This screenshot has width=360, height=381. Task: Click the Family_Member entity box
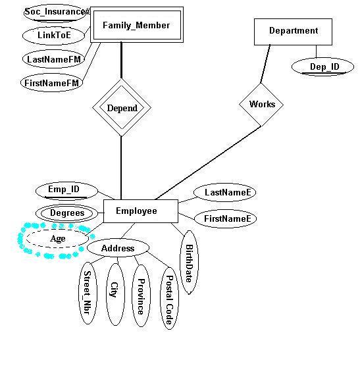(x=137, y=25)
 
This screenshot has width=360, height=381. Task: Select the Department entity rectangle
(x=293, y=32)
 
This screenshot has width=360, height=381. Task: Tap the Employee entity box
(x=141, y=211)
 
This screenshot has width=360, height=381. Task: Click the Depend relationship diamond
(x=122, y=108)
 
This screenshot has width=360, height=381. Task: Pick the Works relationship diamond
(x=261, y=105)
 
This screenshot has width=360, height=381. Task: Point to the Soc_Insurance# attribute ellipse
(x=55, y=13)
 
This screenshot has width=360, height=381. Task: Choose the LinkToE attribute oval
(x=54, y=36)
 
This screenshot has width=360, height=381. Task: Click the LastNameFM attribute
(x=54, y=59)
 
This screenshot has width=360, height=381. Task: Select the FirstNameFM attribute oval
(x=52, y=83)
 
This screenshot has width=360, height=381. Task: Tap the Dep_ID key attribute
(x=322, y=67)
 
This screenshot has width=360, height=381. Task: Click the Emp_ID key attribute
(x=66, y=191)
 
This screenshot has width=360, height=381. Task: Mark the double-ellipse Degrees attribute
(x=67, y=213)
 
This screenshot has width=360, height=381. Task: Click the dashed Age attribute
(x=57, y=238)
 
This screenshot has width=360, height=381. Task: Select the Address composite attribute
(x=118, y=247)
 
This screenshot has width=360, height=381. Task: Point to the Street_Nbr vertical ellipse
(x=88, y=293)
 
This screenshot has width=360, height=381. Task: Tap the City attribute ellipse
(x=115, y=294)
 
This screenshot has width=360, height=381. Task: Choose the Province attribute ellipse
(x=141, y=295)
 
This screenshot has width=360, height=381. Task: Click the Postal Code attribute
(x=169, y=298)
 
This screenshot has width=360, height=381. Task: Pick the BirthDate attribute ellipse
(x=189, y=262)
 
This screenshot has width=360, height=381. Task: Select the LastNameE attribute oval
(x=225, y=192)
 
